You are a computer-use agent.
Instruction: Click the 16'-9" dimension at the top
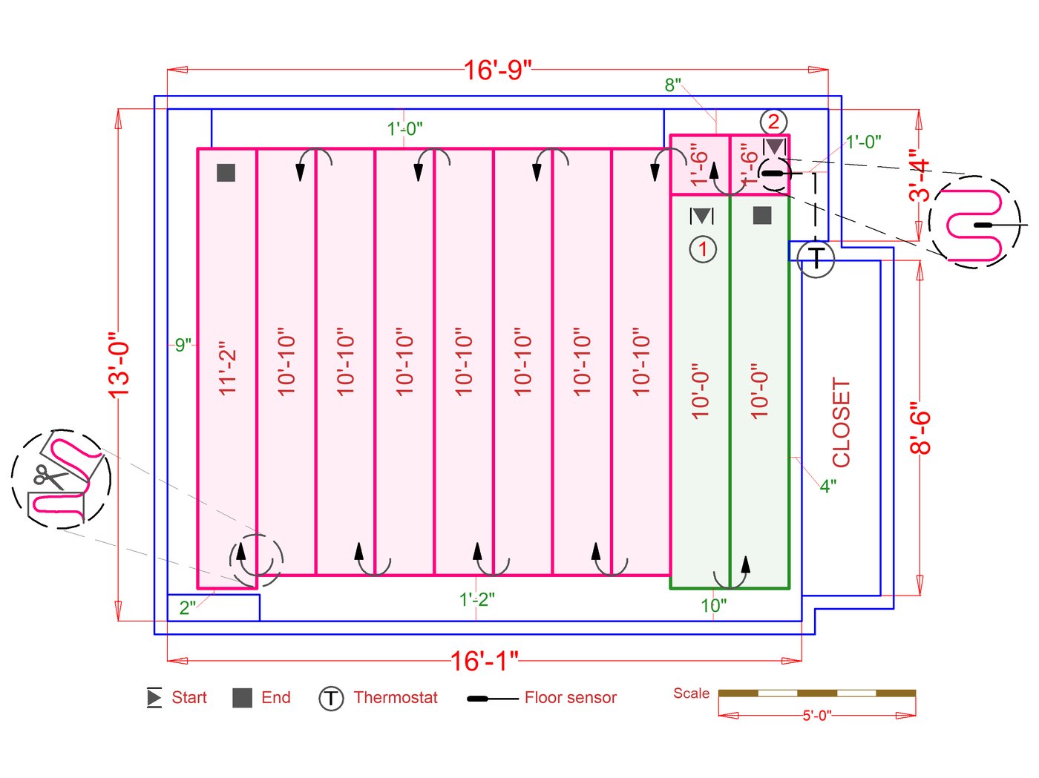pyautogui.click(x=497, y=70)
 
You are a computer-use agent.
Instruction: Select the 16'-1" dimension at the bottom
pyautogui.click(x=484, y=661)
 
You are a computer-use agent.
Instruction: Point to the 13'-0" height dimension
pyautogui.click(x=119, y=365)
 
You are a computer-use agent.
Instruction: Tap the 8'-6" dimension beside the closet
pyautogui.click(x=920, y=429)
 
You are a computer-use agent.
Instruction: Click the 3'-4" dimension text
pyautogui.click(x=920, y=175)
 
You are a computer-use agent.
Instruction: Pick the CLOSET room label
pyautogui.click(x=841, y=422)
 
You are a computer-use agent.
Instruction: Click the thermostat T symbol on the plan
pyautogui.click(x=816, y=258)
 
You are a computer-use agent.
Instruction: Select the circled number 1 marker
pyautogui.click(x=703, y=249)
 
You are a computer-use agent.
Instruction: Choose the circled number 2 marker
pyautogui.click(x=773, y=122)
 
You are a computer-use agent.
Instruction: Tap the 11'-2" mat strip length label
pyautogui.click(x=227, y=368)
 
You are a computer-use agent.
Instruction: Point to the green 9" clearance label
pyautogui.click(x=183, y=345)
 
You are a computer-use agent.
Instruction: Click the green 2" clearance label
pyautogui.click(x=187, y=607)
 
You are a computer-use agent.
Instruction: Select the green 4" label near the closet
pyautogui.click(x=828, y=487)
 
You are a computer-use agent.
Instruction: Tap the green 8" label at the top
pyautogui.click(x=672, y=85)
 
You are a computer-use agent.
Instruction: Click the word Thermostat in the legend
pyautogui.click(x=396, y=698)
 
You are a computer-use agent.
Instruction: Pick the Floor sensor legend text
pyautogui.click(x=571, y=698)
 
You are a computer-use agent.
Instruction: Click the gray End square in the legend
pyautogui.click(x=243, y=698)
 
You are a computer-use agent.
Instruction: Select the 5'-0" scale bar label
pyautogui.click(x=816, y=716)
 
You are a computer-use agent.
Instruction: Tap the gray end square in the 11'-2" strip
pyautogui.click(x=226, y=173)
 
